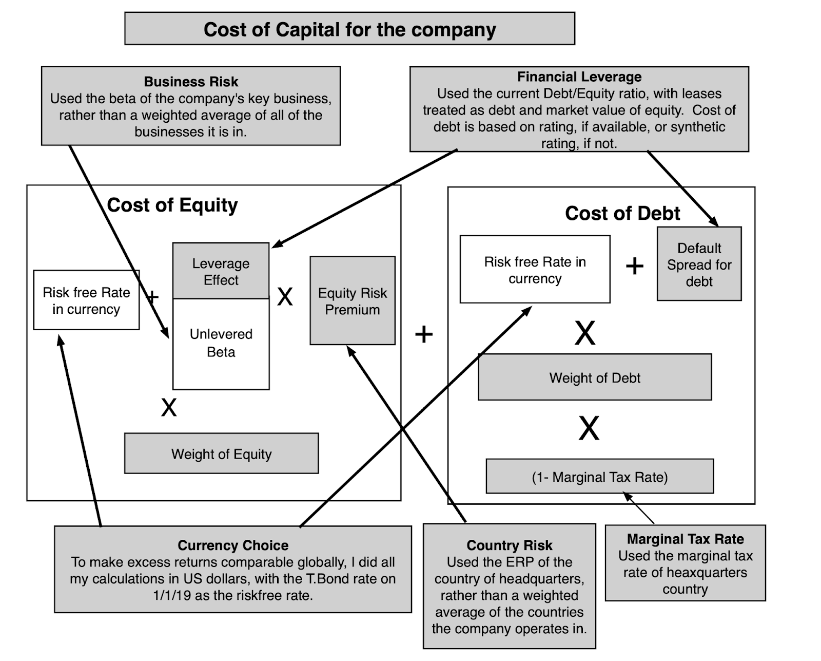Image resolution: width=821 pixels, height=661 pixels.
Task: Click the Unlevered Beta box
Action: pyautogui.click(x=221, y=344)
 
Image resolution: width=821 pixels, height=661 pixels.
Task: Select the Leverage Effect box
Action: pyautogui.click(x=221, y=271)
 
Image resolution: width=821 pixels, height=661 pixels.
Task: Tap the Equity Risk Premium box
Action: pyautogui.click(x=353, y=300)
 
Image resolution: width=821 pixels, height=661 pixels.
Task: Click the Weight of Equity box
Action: pyautogui.click(x=221, y=454)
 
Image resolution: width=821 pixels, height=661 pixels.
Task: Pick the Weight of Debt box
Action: pyautogui.click(x=595, y=377)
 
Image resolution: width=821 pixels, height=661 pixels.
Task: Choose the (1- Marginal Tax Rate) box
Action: pyautogui.click(x=600, y=476)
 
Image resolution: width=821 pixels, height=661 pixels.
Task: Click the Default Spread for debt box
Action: pyautogui.click(x=699, y=264)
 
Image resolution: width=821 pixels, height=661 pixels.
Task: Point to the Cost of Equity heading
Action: pyautogui.click(x=172, y=205)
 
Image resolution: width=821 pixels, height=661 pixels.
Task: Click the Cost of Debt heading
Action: pyautogui.click(x=622, y=213)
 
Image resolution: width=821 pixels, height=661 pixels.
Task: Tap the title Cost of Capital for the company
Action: pyautogui.click(x=350, y=29)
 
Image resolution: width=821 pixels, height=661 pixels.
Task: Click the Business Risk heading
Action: pyautogui.click(x=191, y=82)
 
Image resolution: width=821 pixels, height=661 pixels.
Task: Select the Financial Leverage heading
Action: pyautogui.click(x=579, y=77)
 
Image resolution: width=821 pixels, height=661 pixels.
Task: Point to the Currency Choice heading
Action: pyautogui.click(x=233, y=545)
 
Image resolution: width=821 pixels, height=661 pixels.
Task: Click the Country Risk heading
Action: pyautogui.click(x=510, y=545)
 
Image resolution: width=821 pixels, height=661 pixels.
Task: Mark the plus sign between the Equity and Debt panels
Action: pyautogui.click(x=424, y=334)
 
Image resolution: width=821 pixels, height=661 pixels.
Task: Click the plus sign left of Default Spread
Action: pyautogui.click(x=635, y=266)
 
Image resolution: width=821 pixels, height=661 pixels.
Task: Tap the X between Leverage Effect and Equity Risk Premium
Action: pyautogui.click(x=285, y=297)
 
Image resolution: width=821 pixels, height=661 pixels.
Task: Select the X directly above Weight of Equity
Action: pyautogui.click(x=169, y=407)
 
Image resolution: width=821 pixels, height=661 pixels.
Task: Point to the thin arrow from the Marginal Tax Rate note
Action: pyautogui.click(x=639, y=508)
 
